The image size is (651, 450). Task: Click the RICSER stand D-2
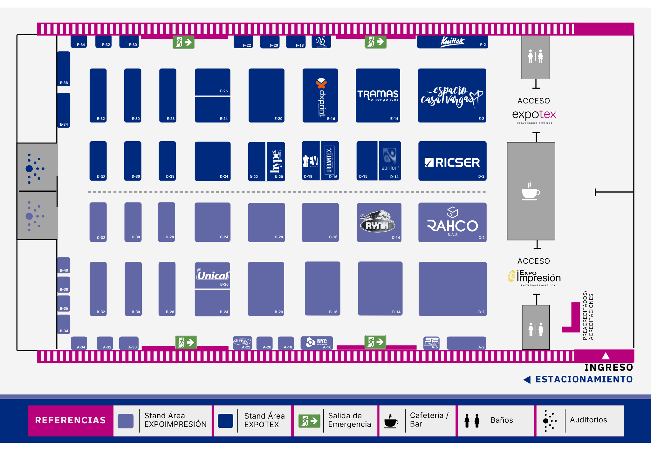[452, 161]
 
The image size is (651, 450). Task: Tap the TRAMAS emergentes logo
[378, 95]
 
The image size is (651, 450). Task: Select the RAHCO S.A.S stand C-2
[452, 222]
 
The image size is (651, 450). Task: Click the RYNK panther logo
[377, 221]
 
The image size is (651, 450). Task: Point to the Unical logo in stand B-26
[213, 275]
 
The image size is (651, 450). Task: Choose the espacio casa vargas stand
[452, 96]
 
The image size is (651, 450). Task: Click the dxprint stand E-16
[320, 96]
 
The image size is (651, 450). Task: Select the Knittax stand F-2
[452, 42]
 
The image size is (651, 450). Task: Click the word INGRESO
[608, 367]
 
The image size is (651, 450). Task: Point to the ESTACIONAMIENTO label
[584, 379]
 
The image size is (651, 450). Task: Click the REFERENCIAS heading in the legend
[70, 420]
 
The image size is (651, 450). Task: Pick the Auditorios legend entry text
[588, 420]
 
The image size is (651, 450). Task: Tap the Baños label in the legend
[502, 420]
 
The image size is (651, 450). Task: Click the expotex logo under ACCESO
[534, 115]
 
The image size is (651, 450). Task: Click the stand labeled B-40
[64, 265]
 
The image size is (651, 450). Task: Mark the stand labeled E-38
[64, 69]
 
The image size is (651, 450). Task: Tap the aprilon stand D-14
[390, 161]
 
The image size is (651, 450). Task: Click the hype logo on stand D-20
[276, 161]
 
